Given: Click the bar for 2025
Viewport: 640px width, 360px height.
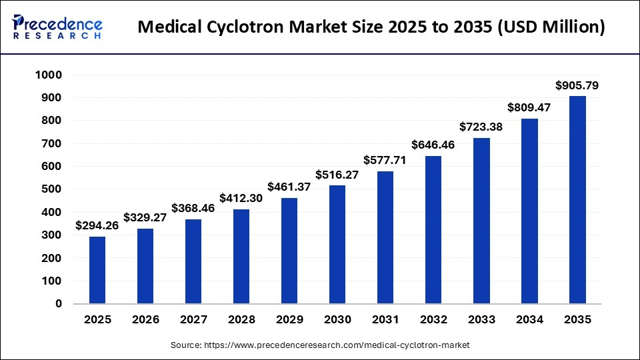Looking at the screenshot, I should [97, 270].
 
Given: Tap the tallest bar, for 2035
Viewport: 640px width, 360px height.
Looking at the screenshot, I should [577, 200].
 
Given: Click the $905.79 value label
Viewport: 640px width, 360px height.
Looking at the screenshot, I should [577, 85].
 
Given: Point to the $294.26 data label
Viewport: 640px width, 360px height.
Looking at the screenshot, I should [97, 225].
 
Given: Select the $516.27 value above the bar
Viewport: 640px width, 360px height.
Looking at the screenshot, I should [337, 175].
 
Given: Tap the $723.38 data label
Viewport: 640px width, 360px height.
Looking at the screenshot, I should [481, 127].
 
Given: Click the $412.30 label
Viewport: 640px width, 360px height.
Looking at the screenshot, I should [241, 198].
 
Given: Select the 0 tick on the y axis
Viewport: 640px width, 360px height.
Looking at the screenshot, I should [59, 304].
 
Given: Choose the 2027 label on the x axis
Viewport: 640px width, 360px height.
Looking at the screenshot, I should [193, 320].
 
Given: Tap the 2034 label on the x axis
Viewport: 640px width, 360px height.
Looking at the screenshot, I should [529, 320].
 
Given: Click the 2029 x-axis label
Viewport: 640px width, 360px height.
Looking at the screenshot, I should [289, 320].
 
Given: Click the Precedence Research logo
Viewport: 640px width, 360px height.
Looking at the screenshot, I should [57, 27].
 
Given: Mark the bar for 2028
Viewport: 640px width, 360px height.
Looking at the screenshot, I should [241, 257].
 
